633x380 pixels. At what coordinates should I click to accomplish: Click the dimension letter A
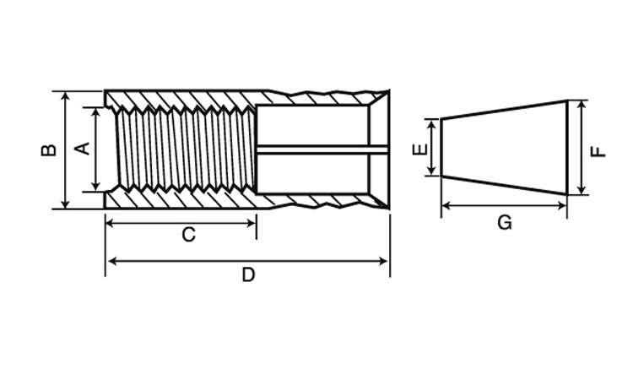pyautogui.click(x=84, y=149)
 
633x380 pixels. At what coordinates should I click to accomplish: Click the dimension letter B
pyautogui.click(x=49, y=149)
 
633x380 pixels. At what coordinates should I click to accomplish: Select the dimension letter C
pyautogui.click(x=188, y=235)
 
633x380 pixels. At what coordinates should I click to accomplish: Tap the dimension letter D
pyautogui.click(x=249, y=275)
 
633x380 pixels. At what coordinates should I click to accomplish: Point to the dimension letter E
pyautogui.click(x=419, y=149)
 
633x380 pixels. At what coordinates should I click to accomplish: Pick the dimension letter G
pyautogui.click(x=505, y=222)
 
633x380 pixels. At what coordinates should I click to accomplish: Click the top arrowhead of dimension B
pyautogui.click(x=66, y=95)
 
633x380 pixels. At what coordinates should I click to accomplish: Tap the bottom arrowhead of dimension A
pyautogui.click(x=95, y=187)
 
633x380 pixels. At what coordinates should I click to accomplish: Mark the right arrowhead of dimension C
pyautogui.click(x=252, y=223)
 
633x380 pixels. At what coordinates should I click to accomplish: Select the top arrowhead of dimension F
pyautogui.click(x=582, y=105)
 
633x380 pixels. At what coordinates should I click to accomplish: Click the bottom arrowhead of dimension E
pyautogui.click(x=432, y=171)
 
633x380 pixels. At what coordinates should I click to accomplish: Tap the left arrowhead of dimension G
pyautogui.click(x=446, y=206)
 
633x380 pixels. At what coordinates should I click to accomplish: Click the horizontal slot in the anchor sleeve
pyautogui.click(x=322, y=150)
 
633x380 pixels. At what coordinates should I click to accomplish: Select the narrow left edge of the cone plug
pyautogui.click(x=441, y=148)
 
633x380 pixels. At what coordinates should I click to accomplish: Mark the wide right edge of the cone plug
pyautogui.click(x=567, y=148)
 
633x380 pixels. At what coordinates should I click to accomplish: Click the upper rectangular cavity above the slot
pyautogui.click(x=312, y=126)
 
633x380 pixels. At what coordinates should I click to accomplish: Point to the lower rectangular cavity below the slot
pyautogui.click(x=312, y=174)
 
